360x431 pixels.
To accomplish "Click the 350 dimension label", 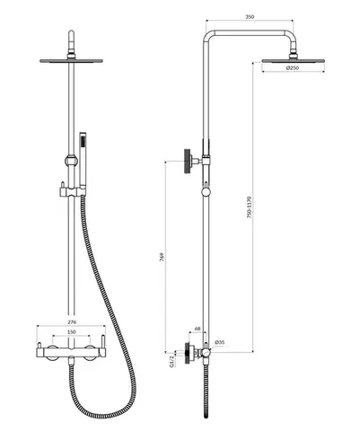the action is [250, 17].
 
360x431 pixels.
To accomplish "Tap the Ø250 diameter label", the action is [293, 68].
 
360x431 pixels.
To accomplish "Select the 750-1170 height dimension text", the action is [250, 207].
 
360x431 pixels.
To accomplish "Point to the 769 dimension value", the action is [162, 258].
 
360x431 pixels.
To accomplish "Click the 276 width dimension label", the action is [72, 322].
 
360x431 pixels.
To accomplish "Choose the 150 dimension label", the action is [72, 332].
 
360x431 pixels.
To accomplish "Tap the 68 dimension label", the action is [198, 329].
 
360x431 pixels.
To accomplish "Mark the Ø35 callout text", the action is [220, 342].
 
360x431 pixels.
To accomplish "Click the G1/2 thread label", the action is [171, 361].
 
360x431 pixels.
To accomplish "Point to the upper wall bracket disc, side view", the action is [188, 161].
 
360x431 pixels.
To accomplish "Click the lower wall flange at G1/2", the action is [189, 353].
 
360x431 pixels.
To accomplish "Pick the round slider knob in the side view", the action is [206, 192].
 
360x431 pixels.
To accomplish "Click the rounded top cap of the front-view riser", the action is [71, 33].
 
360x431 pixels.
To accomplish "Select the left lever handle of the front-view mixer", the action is [39, 346].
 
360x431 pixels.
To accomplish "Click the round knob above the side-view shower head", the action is [293, 56].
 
